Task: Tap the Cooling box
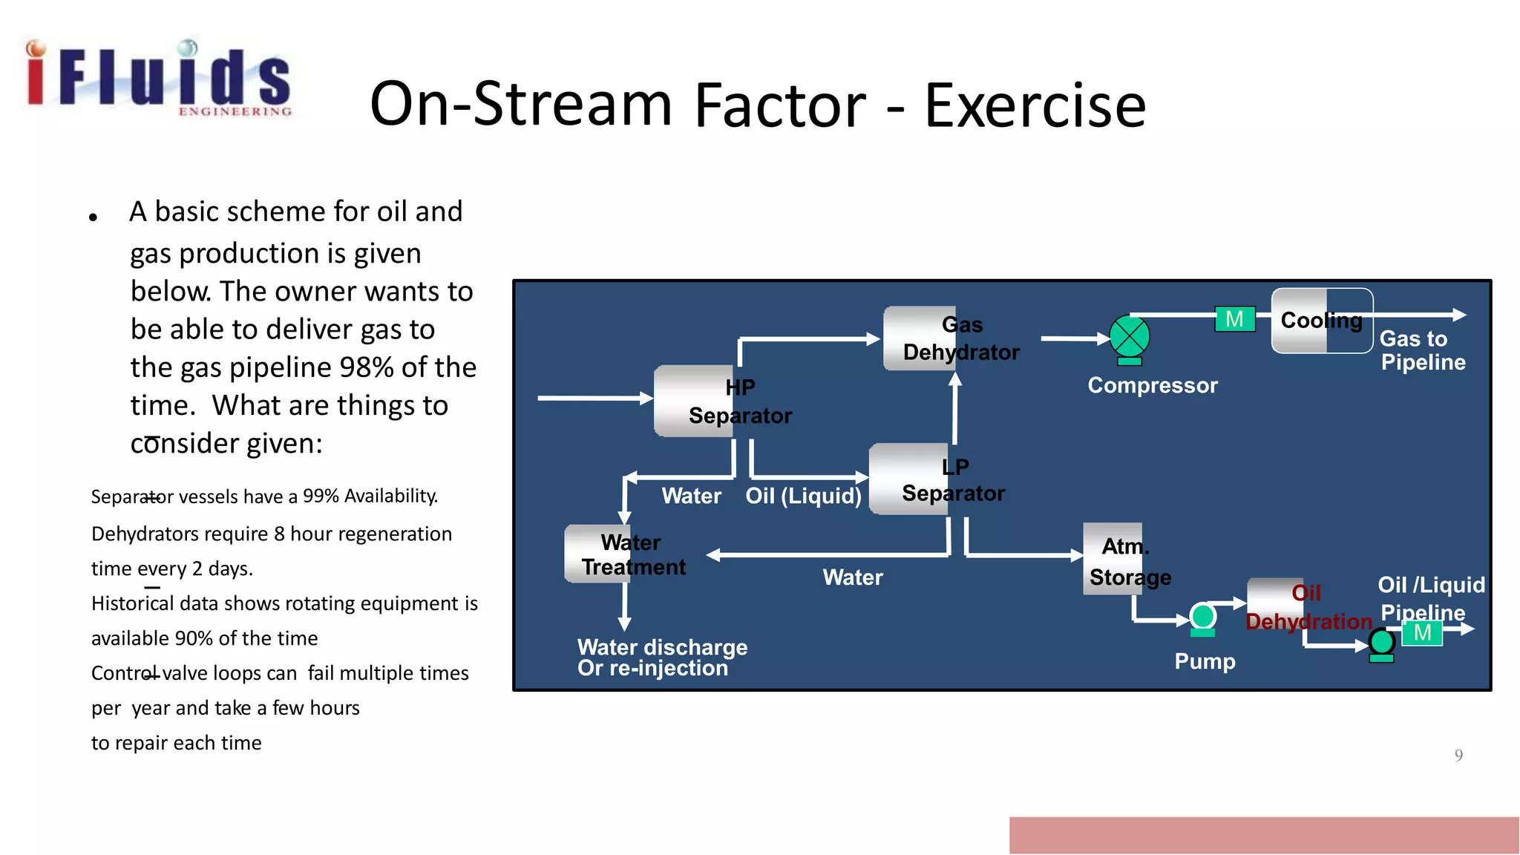pyautogui.click(x=1322, y=321)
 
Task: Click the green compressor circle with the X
pyautogui.click(x=1130, y=337)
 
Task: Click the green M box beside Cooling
pyautogui.click(x=1235, y=319)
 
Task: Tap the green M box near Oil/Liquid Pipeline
pyautogui.click(x=1422, y=633)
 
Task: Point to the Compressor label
pyautogui.click(x=1153, y=385)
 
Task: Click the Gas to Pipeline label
pyautogui.click(x=1422, y=350)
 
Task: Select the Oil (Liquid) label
pyautogui.click(x=803, y=496)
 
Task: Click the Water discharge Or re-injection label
pyautogui.click(x=662, y=658)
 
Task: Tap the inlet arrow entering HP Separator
pyautogui.click(x=594, y=399)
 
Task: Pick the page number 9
pyautogui.click(x=1458, y=756)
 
